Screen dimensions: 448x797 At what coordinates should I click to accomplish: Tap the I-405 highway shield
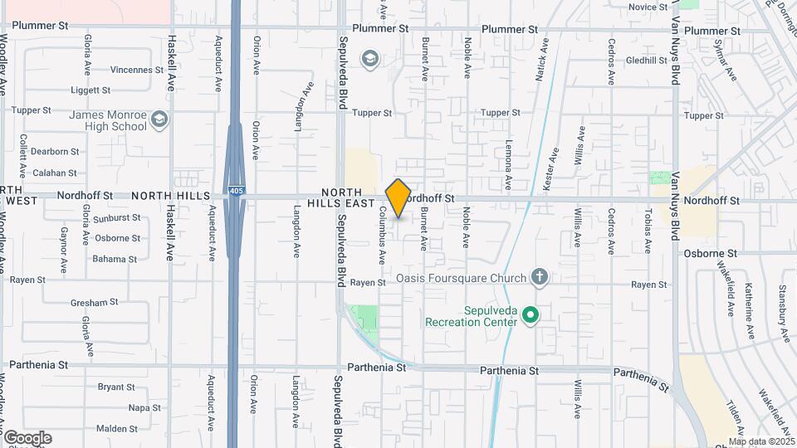(237, 191)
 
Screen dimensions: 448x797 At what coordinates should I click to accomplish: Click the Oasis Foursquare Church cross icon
(540, 277)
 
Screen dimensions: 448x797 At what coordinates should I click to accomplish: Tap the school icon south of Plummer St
(369, 59)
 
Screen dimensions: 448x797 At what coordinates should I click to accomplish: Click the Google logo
(27, 438)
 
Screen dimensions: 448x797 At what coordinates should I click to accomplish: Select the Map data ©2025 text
(760, 441)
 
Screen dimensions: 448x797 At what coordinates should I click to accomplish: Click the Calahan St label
(55, 173)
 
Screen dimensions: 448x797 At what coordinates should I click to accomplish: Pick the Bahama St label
(115, 259)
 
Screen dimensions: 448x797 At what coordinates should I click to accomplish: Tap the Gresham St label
(89, 303)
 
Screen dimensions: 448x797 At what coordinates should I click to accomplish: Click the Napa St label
(144, 407)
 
